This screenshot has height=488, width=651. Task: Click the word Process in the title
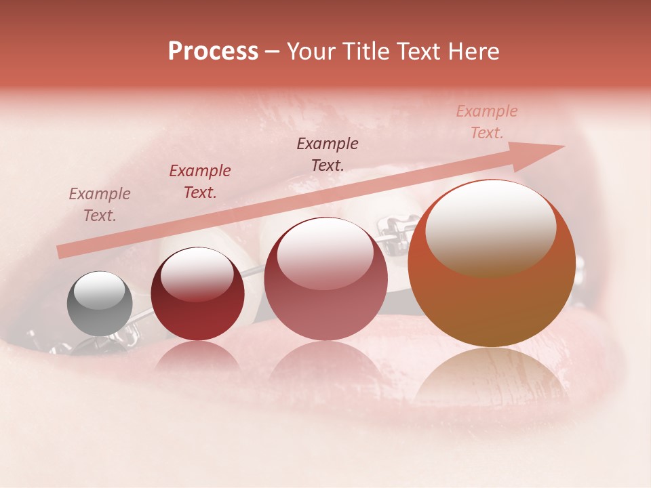click(x=213, y=52)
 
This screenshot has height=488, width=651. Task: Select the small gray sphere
click(x=100, y=304)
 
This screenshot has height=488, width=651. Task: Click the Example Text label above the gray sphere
click(x=100, y=205)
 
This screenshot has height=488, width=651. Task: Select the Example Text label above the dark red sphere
click(x=200, y=182)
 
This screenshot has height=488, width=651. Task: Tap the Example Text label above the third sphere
click(x=328, y=154)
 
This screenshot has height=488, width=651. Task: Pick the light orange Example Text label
click(x=487, y=122)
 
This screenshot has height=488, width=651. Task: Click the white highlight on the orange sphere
click(x=490, y=227)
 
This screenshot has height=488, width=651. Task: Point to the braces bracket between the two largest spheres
click(x=394, y=235)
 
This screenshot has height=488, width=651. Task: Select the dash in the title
click(x=273, y=52)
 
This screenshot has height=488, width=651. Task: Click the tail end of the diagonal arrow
click(x=62, y=251)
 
